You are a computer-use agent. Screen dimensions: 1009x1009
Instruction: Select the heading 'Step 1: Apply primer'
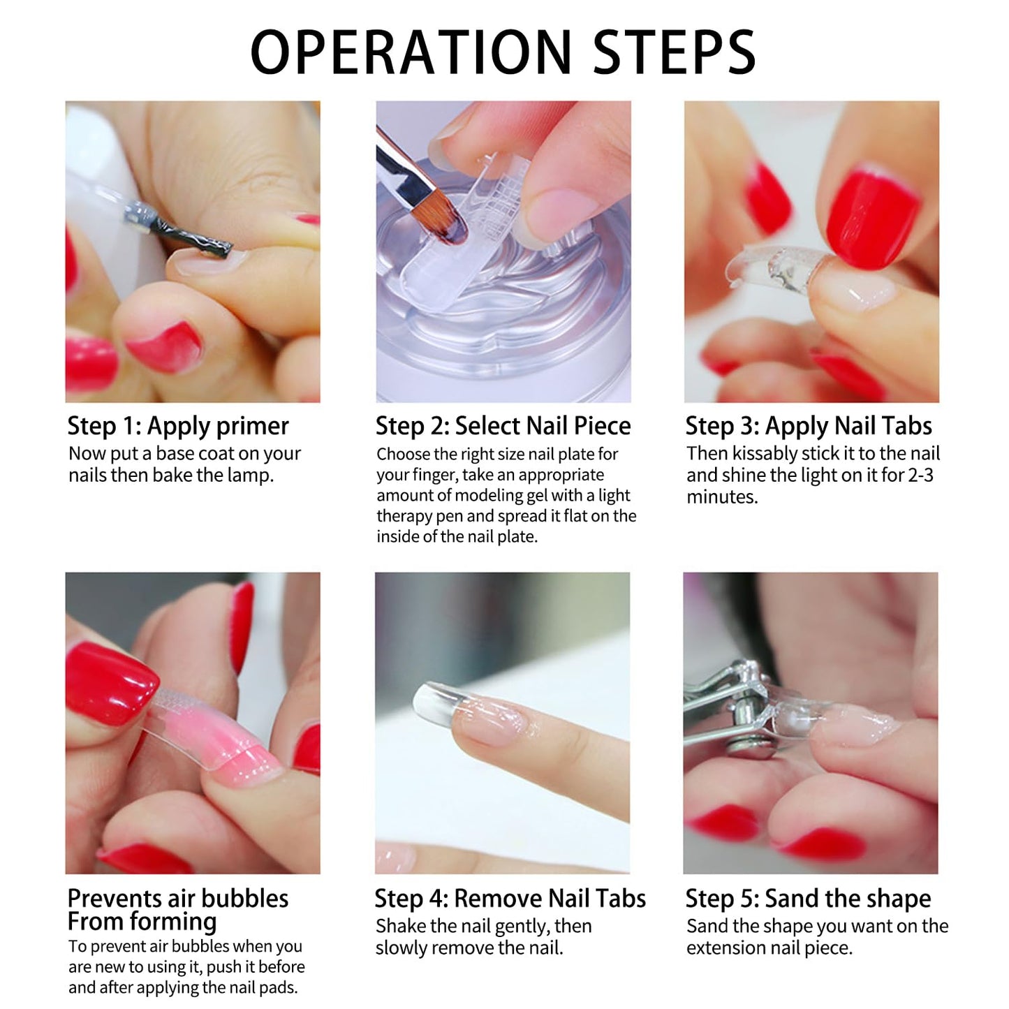[x=178, y=426]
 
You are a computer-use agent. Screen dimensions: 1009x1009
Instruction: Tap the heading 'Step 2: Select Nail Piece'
[x=503, y=426]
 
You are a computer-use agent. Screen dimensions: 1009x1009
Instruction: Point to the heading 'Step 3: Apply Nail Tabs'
[x=809, y=426]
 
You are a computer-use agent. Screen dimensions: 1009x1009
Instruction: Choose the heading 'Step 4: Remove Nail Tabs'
[x=510, y=899]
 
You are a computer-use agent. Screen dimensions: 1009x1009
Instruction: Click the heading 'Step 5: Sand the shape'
[x=809, y=899]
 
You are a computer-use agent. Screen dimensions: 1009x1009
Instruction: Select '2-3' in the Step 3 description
[x=920, y=476]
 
